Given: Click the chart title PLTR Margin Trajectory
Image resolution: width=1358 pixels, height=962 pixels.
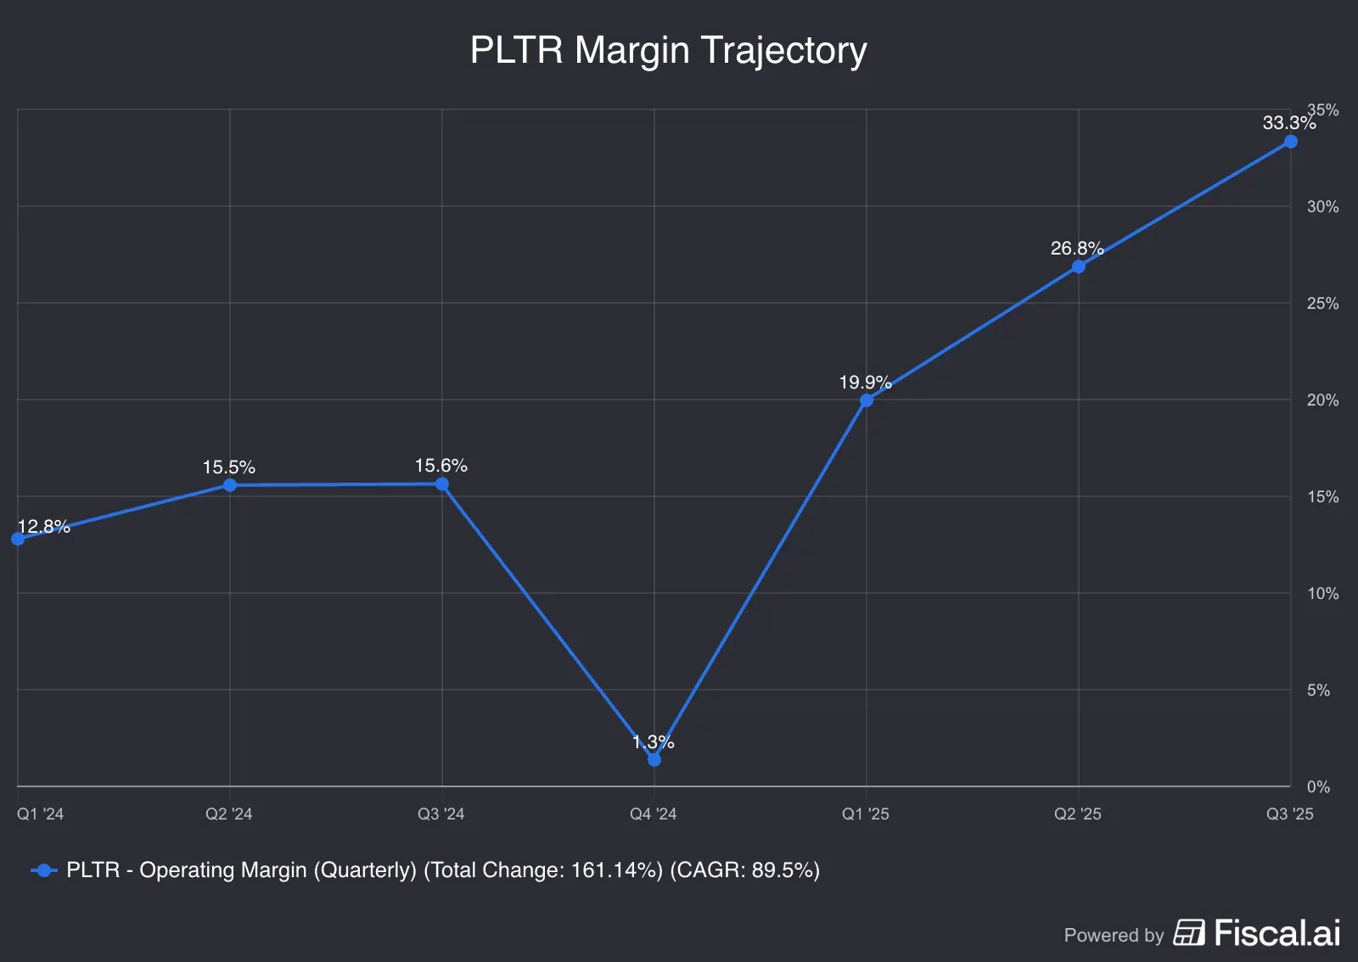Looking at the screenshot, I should coord(668,50).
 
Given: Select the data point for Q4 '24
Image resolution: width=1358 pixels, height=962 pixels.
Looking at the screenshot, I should coord(654,759).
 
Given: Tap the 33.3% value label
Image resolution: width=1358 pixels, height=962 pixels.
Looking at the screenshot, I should coord(1288,123).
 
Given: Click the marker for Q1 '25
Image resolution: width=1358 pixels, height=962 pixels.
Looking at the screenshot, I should coord(866,400).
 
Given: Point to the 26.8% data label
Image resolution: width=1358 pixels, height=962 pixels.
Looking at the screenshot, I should coord(1076,249).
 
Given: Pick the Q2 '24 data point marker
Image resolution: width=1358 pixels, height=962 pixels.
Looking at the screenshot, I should coord(229,485).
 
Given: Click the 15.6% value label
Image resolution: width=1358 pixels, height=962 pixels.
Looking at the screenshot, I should coord(441,466).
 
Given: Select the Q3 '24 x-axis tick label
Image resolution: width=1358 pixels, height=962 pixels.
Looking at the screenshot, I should coord(441,814).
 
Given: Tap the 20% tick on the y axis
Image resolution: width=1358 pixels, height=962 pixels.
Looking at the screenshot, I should coord(1322,400).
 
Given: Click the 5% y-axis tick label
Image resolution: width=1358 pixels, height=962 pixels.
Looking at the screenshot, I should coord(1317,691).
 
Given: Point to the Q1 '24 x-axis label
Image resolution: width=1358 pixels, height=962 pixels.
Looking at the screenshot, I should coord(40,814).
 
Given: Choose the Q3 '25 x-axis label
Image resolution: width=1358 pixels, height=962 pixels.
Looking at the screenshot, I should coord(1288,814).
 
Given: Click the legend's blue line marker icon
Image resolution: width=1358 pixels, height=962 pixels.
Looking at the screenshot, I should coord(44,870).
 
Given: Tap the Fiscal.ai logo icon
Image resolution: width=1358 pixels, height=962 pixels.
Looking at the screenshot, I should coord(1188,932).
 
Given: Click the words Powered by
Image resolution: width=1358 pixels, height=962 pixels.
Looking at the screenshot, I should coord(1114,935).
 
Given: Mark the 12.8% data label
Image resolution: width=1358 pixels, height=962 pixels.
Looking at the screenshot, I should coord(43,527).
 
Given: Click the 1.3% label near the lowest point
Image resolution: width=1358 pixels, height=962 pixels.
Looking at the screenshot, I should coord(653,742).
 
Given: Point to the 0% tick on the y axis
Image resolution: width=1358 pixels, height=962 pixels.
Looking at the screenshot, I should coord(1317,787).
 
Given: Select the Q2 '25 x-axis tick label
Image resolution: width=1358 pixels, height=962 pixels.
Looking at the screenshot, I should coord(1077,814).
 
